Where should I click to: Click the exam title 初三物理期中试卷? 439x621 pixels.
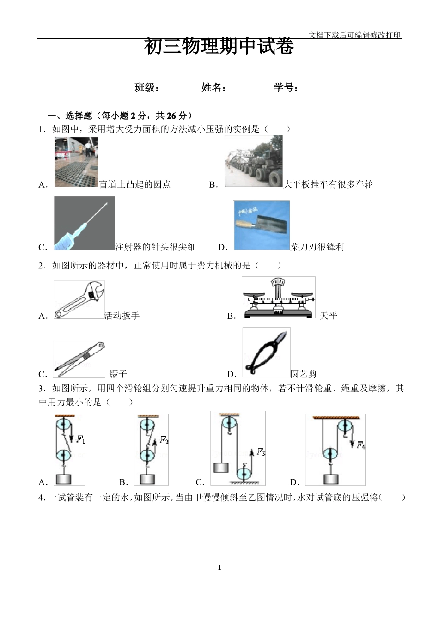219,47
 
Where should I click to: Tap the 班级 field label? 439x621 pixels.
147,87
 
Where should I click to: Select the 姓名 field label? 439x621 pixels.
214,87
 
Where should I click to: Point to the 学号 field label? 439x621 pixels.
286,87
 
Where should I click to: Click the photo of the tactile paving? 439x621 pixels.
76,162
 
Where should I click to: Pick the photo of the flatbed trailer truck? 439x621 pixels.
253,161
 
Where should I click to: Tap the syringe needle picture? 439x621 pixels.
84,223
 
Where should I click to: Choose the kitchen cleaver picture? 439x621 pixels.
262,225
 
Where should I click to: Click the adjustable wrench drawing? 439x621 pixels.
79,299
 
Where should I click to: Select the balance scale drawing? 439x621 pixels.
279,298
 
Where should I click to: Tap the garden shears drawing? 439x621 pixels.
266,352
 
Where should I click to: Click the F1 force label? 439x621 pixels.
81,439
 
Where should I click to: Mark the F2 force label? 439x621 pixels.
164,440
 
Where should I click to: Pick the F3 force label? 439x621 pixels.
261,452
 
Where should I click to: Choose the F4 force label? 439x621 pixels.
361,445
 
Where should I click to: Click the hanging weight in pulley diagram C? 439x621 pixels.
221,467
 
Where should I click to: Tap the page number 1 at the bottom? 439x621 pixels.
219,567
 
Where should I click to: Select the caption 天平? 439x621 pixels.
329,316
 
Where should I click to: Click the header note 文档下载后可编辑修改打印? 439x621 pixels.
355,35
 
